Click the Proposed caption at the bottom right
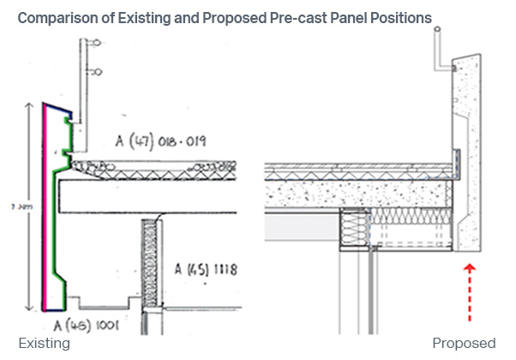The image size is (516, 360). pyautogui.click(x=464, y=344)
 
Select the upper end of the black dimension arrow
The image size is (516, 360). pyautogui.click(x=31, y=104)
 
